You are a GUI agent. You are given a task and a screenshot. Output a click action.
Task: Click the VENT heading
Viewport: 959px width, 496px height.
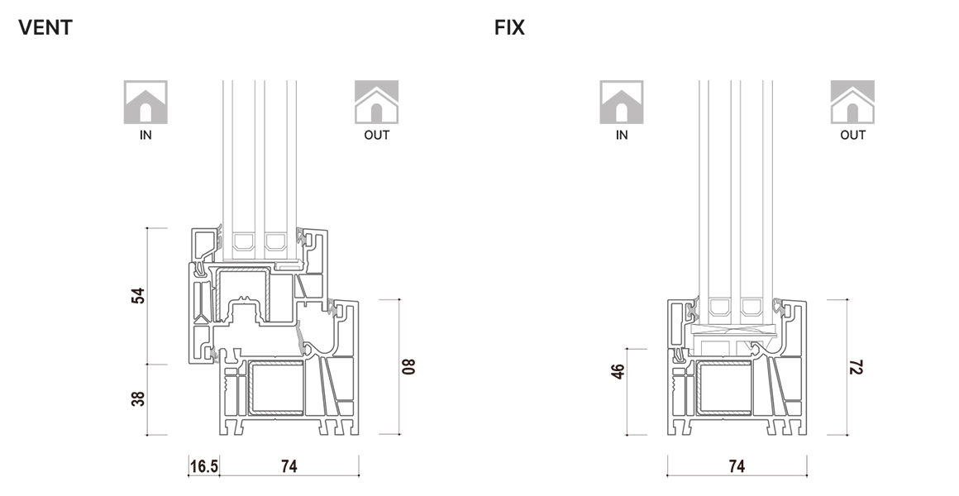point(45,28)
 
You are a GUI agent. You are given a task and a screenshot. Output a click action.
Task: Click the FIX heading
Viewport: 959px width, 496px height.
point(509,28)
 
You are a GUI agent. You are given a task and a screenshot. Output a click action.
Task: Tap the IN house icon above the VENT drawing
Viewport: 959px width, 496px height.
point(146,102)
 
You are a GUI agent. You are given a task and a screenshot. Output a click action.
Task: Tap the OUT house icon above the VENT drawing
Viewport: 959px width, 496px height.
point(376,102)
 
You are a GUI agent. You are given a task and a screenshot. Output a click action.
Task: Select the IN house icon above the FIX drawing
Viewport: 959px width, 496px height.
point(622,102)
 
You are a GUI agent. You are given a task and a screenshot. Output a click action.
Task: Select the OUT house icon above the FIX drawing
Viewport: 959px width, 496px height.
point(852,102)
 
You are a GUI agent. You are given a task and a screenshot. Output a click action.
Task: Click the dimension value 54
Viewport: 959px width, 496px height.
point(138,296)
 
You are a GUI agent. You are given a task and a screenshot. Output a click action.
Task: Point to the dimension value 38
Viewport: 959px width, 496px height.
point(138,398)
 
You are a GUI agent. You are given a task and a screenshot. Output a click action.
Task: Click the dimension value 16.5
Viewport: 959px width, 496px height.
point(204,466)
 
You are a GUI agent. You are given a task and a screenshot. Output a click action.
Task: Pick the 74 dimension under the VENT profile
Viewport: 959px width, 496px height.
point(289,466)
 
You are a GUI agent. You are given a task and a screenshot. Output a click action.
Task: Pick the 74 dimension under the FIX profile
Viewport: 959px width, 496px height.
point(737,466)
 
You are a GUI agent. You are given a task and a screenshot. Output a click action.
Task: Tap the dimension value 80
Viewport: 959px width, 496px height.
point(408,366)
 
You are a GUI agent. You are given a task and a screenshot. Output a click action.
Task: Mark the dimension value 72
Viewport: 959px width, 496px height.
point(856,366)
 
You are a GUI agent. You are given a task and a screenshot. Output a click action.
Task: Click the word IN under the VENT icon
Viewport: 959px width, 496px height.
point(146,135)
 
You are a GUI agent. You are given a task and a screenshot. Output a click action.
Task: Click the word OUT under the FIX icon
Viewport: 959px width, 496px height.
point(852,135)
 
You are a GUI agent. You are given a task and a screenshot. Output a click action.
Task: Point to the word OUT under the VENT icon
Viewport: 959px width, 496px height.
point(376,135)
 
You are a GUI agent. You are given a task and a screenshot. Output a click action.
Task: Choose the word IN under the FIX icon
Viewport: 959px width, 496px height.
point(622,135)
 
